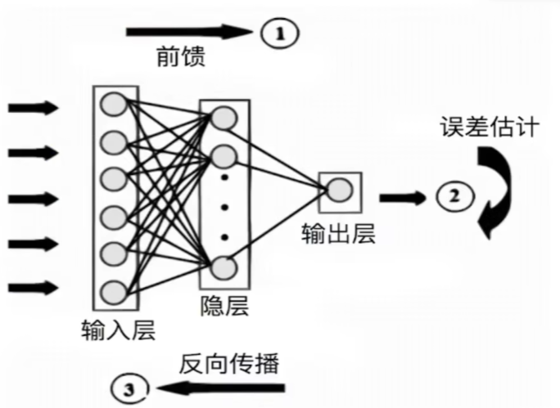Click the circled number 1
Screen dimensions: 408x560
point(280,33)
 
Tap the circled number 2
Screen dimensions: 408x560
point(454,195)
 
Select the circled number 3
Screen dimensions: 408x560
point(130,387)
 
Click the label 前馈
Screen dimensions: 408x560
point(182,58)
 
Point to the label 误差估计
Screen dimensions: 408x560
point(489,128)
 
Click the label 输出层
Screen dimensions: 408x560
point(338,235)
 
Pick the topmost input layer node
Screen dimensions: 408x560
point(114,105)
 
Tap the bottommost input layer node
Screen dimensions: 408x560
point(114,290)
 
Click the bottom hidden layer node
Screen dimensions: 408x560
point(223,268)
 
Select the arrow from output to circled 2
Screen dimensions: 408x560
point(402,197)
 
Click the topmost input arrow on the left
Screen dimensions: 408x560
point(32,107)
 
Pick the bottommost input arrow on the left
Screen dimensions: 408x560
point(32,287)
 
